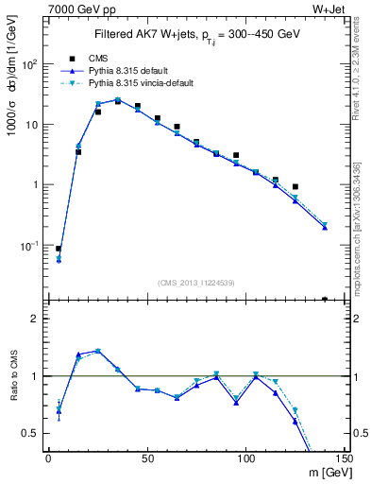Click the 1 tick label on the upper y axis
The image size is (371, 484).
coord(36,184)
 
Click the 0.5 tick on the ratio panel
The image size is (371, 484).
coord(31,433)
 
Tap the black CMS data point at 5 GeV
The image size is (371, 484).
coord(59,249)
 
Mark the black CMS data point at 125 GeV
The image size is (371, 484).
coord(295,187)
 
